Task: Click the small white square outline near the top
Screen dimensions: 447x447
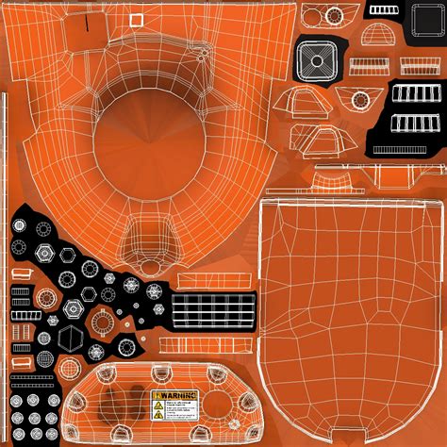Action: tap(136, 19)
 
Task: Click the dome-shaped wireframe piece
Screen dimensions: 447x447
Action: tap(373, 37)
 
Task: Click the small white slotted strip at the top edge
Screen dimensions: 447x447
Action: tap(385, 9)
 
